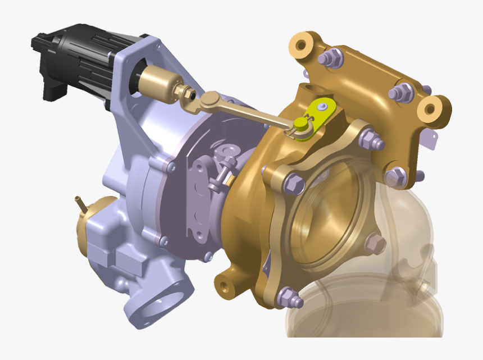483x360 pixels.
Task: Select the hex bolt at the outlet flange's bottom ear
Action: [x=290, y=298]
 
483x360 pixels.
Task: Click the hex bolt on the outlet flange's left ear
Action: [x=294, y=184]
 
